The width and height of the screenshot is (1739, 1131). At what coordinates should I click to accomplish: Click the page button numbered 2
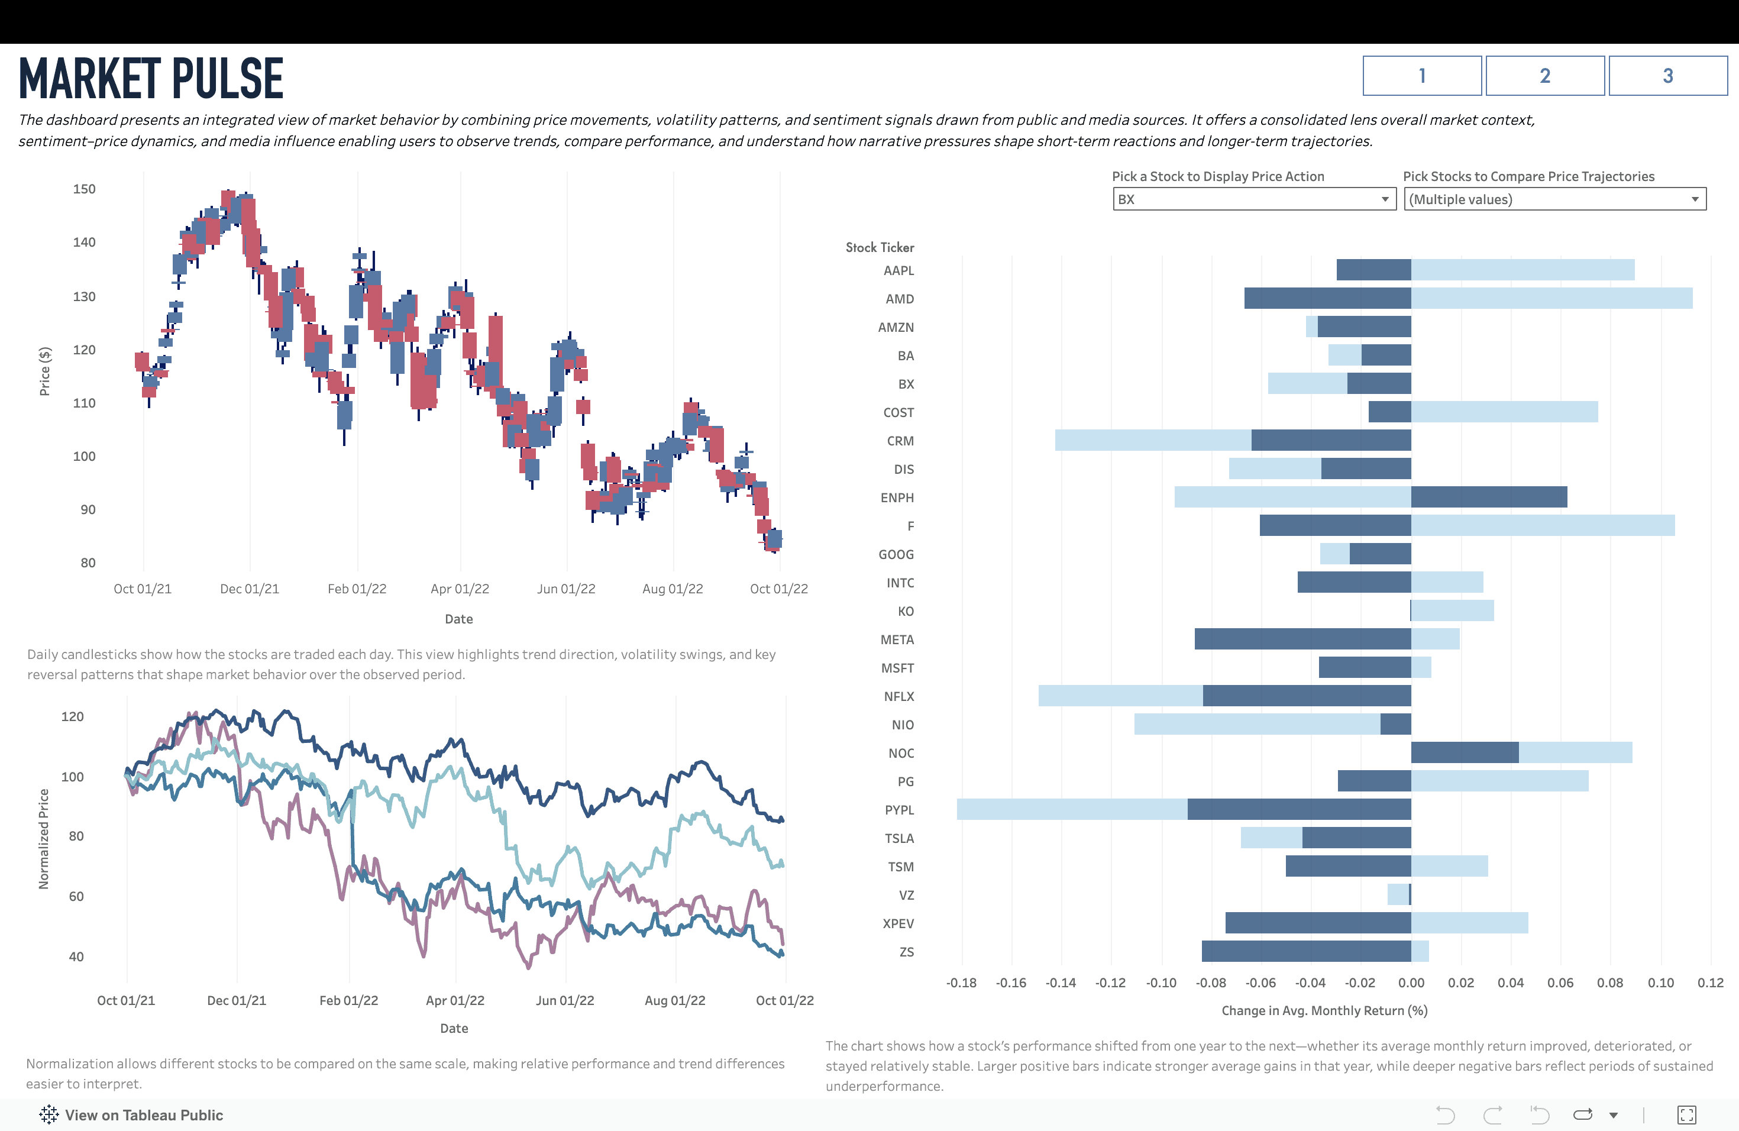tap(1544, 76)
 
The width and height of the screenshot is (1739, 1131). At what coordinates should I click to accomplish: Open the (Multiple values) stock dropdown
tap(1554, 199)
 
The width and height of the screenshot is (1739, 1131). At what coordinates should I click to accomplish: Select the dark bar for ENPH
tap(1488, 497)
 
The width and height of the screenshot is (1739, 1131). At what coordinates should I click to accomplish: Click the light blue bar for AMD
tap(1551, 299)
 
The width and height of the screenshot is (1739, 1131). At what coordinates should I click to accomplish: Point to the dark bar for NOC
tap(1465, 753)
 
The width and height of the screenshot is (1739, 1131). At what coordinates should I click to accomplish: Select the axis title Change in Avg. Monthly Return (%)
tap(1324, 1011)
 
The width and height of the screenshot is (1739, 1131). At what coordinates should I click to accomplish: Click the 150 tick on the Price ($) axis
tap(85, 189)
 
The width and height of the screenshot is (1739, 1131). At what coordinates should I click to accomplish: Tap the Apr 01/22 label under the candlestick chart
tap(460, 590)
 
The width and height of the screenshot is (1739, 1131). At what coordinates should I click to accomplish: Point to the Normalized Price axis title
tap(44, 839)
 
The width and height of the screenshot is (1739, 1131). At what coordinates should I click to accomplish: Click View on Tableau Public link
tap(143, 1116)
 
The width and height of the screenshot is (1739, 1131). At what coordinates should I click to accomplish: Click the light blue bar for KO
tap(1453, 611)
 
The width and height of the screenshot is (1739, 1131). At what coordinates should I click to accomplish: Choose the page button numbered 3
tap(1667, 76)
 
